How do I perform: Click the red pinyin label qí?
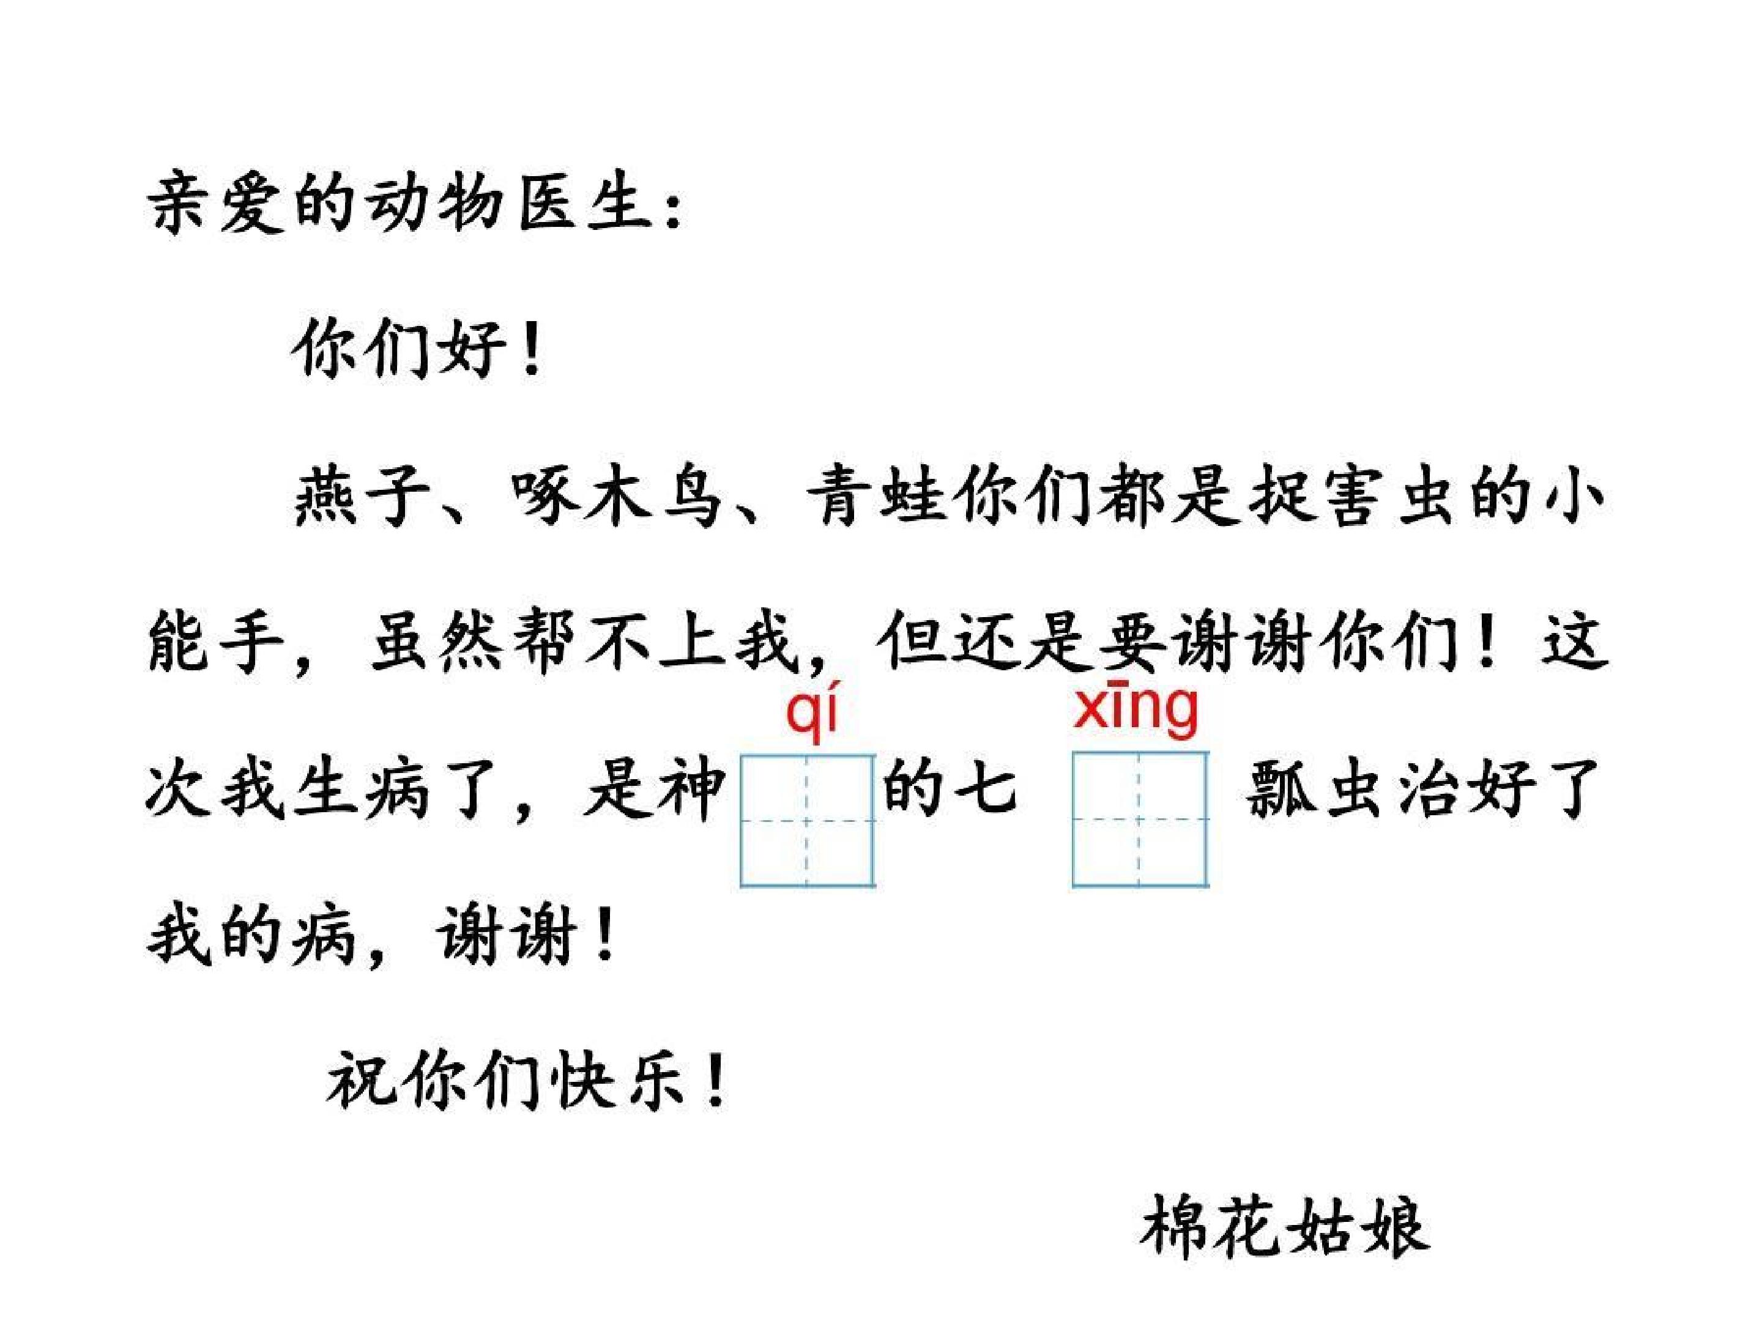[812, 714]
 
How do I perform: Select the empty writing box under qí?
[808, 820]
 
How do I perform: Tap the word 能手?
[217, 642]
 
